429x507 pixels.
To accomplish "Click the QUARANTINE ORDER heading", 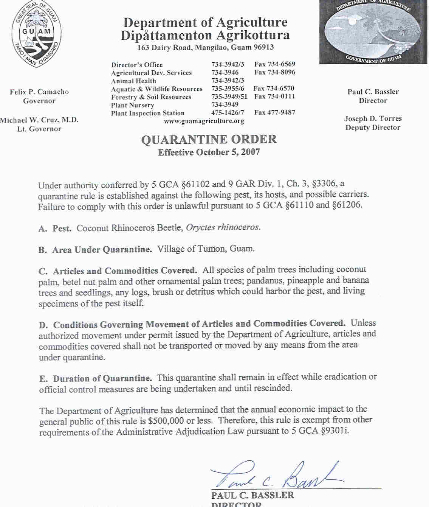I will [209, 139].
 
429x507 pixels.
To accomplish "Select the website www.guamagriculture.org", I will [204, 121].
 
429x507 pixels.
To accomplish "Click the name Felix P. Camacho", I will [39, 92].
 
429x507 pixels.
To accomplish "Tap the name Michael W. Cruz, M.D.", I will [39, 120].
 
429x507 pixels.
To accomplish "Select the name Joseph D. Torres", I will [373, 118].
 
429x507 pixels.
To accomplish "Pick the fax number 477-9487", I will [275, 112].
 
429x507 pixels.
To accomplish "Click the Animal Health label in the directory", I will [133, 81].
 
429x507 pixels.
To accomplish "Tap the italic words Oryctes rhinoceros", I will [223, 227].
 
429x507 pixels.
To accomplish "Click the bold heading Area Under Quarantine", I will [102, 249].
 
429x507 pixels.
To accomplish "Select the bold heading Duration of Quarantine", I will [102, 378].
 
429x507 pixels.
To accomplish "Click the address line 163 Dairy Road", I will [206, 47].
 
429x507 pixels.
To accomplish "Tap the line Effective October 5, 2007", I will [209, 152].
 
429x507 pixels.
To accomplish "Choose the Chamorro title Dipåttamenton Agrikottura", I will [205, 36].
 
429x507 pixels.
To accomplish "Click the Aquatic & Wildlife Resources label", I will [156, 89].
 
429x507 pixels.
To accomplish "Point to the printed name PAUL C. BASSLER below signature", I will [252, 495].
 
